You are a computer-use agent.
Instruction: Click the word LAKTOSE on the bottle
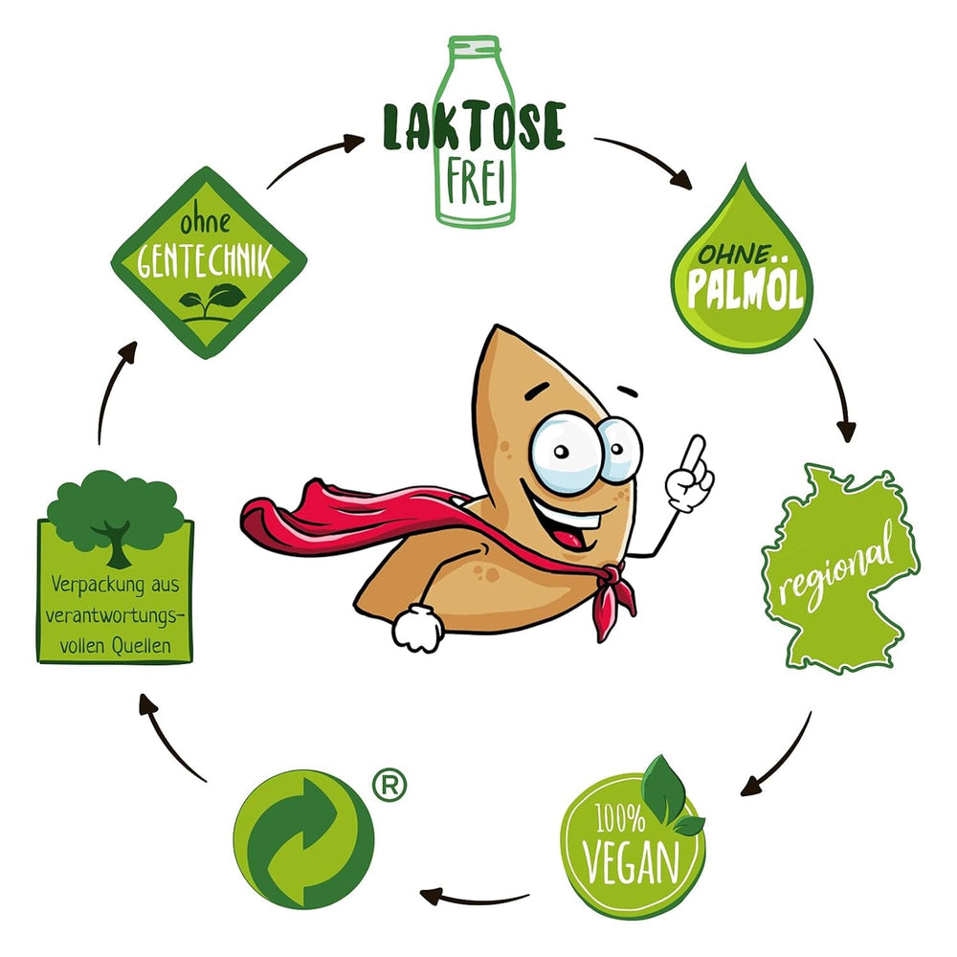(474, 126)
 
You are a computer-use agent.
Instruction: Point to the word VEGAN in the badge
(632, 857)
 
